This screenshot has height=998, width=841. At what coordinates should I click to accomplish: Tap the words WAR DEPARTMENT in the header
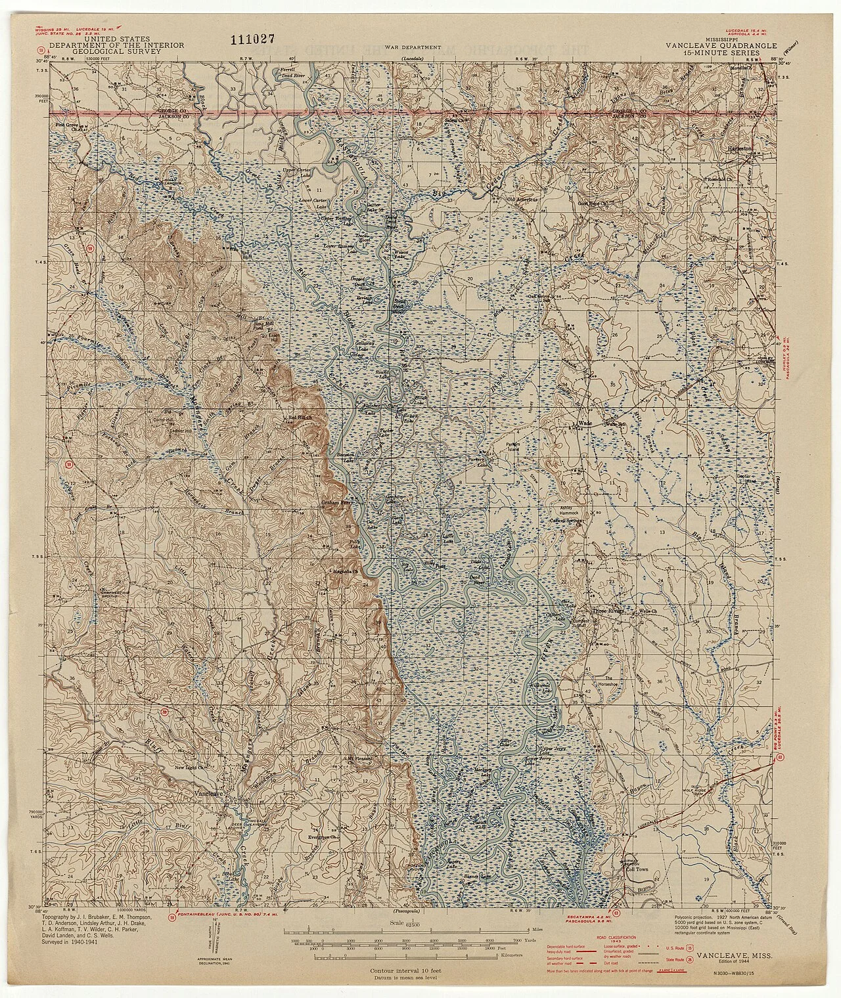point(421,47)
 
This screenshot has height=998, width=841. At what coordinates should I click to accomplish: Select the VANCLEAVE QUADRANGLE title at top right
point(721,45)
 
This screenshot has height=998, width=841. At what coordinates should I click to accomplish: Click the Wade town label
point(585,423)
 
